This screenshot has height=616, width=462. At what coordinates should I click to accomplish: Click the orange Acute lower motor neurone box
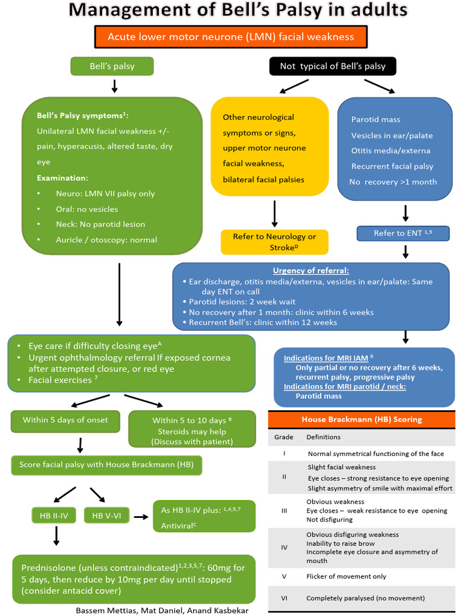click(x=230, y=37)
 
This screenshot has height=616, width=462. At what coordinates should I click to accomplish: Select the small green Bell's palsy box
click(x=112, y=66)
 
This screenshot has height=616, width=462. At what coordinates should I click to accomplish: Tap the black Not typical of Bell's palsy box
click(x=332, y=66)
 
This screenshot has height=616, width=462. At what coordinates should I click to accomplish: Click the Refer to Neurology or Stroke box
click(x=274, y=242)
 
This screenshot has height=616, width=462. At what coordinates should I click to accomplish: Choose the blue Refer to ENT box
click(x=403, y=233)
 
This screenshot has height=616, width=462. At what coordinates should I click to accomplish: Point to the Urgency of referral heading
click(x=310, y=271)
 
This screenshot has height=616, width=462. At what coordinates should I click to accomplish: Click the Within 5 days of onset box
click(x=66, y=420)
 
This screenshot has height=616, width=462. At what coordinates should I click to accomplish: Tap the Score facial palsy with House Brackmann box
click(x=106, y=464)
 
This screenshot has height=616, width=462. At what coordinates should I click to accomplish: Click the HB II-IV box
click(x=54, y=515)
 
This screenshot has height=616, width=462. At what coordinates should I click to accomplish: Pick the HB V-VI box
click(x=106, y=515)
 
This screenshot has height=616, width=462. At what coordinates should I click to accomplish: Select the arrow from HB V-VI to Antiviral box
click(x=141, y=516)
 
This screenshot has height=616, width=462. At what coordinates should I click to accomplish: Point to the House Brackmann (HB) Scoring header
click(x=361, y=419)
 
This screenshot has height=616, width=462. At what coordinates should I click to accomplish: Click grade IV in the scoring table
click(x=284, y=547)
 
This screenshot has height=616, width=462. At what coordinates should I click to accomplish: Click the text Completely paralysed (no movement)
click(x=365, y=598)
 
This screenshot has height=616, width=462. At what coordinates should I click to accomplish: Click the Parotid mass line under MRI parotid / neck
click(x=318, y=396)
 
